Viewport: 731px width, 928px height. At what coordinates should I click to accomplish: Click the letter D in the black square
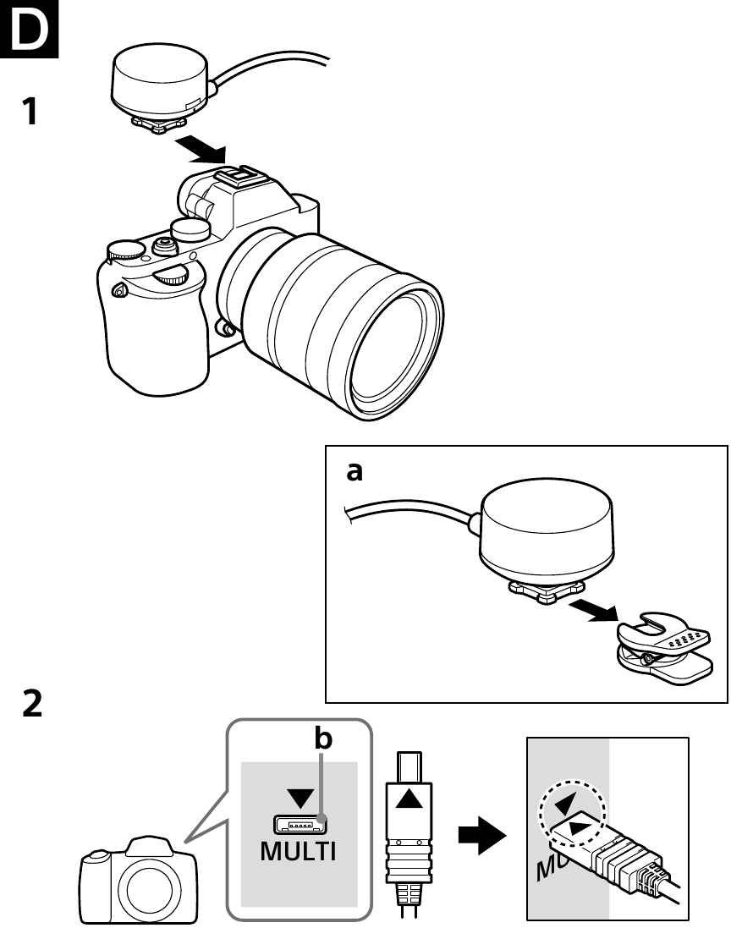point(29,30)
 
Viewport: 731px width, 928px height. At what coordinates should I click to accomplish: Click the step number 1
point(30,111)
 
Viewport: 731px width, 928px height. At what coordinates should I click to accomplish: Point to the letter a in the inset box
point(355,472)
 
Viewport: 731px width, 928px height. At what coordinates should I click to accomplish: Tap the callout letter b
point(323,739)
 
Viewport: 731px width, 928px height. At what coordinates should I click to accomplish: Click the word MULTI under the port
point(298,851)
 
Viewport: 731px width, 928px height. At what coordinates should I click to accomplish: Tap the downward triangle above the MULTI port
point(299,798)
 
